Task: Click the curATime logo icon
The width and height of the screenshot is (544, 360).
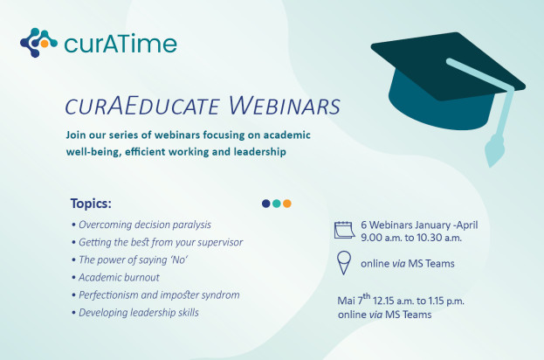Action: (38, 42)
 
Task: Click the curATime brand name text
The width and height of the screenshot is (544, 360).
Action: (120, 43)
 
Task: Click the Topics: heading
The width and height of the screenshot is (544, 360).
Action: (91, 204)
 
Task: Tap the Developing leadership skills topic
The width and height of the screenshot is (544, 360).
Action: (135, 312)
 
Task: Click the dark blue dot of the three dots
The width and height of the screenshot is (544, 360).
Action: (266, 204)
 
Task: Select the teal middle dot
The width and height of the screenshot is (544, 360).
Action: (277, 204)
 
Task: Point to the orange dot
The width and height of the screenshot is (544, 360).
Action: (287, 204)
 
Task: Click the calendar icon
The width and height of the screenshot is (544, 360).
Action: (344, 230)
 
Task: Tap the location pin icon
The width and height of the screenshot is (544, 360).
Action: (344, 260)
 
